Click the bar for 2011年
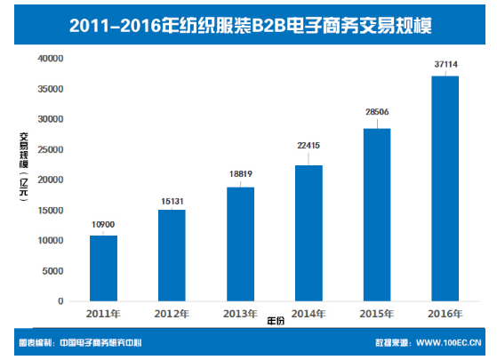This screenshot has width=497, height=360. tap(103, 268)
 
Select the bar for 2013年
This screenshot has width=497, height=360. tap(240, 244)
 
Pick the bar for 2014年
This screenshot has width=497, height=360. tap(309, 233)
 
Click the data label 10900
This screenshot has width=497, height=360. tap(103, 225)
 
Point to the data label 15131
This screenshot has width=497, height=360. tap(172, 199)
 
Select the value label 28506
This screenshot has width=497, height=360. tap(377, 113)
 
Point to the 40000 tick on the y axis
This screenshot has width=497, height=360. tap(49, 59)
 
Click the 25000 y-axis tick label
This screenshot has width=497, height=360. tap(49, 149)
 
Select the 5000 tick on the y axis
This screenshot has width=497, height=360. tap(52, 271)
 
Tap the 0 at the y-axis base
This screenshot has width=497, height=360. tap(60, 301)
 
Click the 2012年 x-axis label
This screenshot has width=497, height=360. tap(172, 314)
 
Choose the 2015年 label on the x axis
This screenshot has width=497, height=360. tap(377, 314)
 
